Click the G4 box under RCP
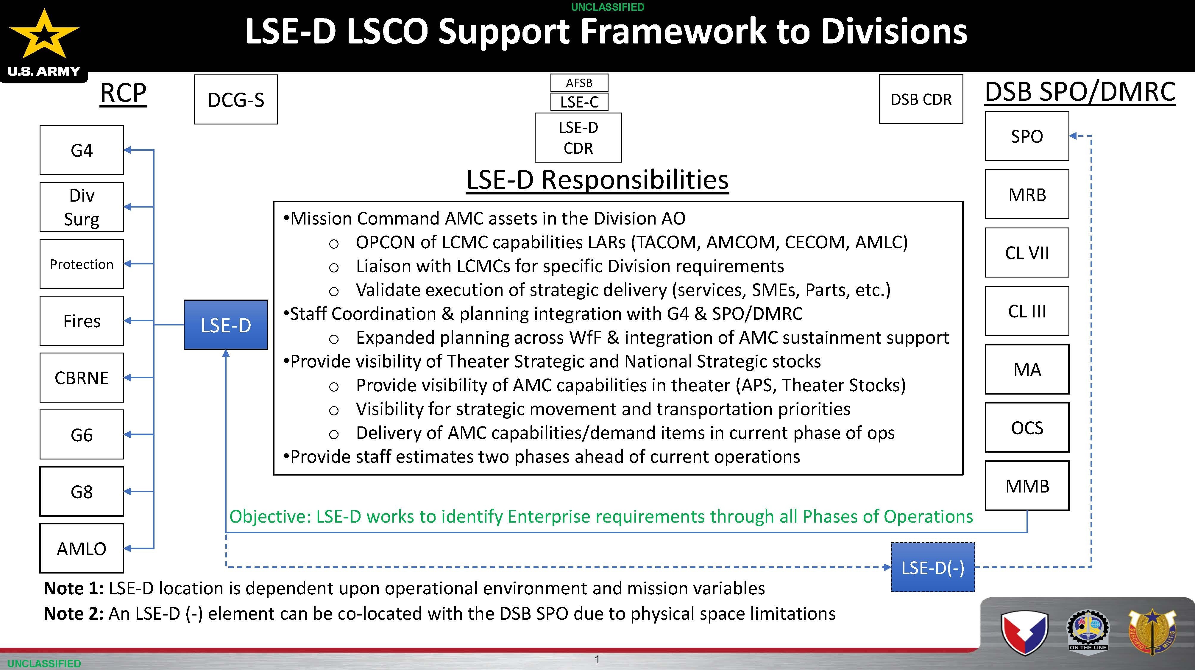click(82, 150)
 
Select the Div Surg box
click(82, 207)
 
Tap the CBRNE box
click(82, 378)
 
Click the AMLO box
click(82, 549)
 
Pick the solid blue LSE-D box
click(226, 325)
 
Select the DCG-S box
click(236, 99)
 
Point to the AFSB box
click(579, 82)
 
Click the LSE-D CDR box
click(578, 137)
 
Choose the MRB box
click(1027, 194)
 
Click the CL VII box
click(1027, 253)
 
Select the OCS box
click(1027, 427)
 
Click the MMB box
click(1027, 486)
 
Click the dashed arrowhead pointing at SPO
click(1073, 136)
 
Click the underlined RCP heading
click(123, 93)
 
